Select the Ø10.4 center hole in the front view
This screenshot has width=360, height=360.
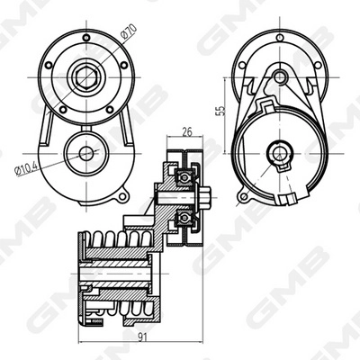coord(86,153)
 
